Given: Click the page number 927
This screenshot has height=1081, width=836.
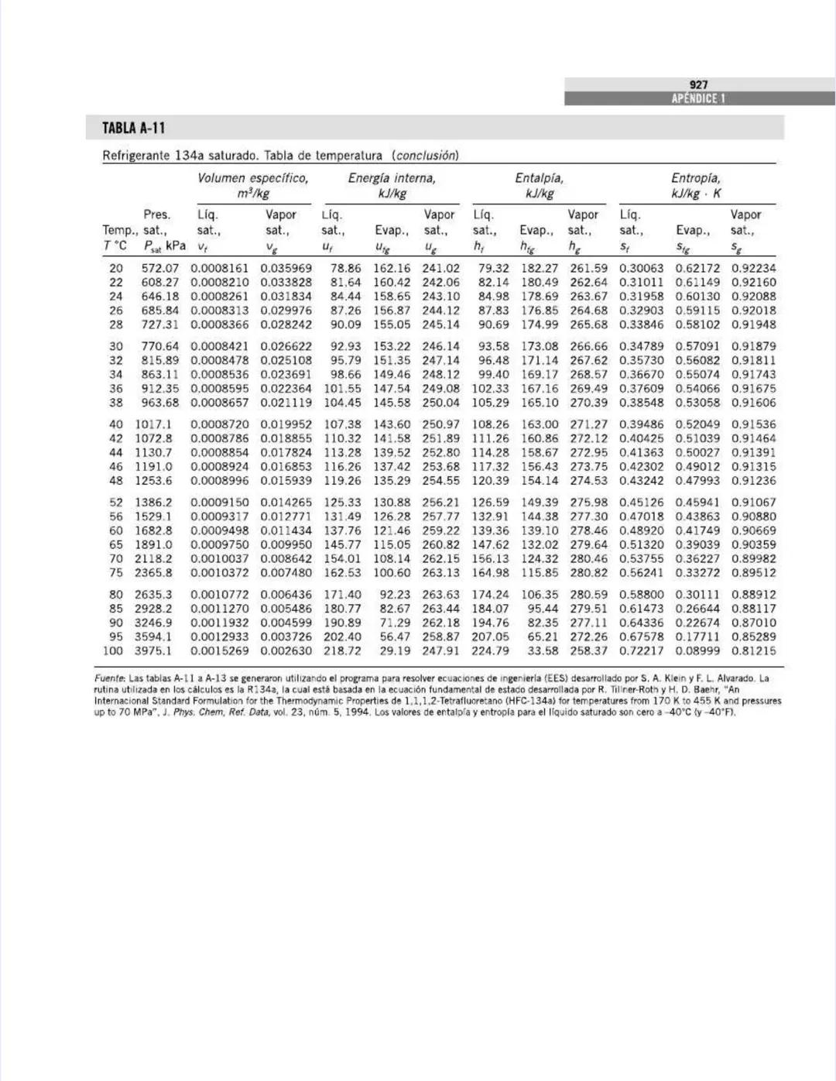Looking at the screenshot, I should (698, 84).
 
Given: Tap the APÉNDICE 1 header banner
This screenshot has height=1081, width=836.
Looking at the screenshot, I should (698, 98).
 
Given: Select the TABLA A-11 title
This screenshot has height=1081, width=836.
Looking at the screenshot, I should (134, 128).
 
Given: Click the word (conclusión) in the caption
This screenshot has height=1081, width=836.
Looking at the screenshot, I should (425, 156).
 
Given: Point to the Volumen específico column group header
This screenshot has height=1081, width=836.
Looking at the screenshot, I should (253, 178).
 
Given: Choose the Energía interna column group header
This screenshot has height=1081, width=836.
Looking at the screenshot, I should (392, 178).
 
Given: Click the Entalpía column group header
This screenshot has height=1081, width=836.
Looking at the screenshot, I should (540, 178).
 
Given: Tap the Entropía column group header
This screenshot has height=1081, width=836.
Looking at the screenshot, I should (696, 178).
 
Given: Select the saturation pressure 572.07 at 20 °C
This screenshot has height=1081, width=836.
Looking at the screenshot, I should (159, 269).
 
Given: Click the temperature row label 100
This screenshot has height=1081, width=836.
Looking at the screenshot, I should (113, 651).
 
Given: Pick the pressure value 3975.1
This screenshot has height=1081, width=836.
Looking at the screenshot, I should (153, 651).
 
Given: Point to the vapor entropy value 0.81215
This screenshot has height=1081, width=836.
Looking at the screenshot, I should (753, 651).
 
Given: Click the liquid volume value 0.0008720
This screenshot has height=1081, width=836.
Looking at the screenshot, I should (220, 424).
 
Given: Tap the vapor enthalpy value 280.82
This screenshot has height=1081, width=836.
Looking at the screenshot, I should (588, 573).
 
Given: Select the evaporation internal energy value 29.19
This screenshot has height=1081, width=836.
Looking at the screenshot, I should (395, 651).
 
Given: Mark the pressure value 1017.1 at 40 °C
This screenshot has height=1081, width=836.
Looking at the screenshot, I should (153, 424).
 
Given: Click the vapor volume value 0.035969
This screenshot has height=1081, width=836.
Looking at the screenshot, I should (286, 269).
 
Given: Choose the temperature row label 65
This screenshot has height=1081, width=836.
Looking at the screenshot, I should (116, 544).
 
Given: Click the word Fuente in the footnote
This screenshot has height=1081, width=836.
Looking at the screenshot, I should (109, 678).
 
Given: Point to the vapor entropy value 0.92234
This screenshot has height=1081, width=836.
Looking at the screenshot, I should (753, 269).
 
